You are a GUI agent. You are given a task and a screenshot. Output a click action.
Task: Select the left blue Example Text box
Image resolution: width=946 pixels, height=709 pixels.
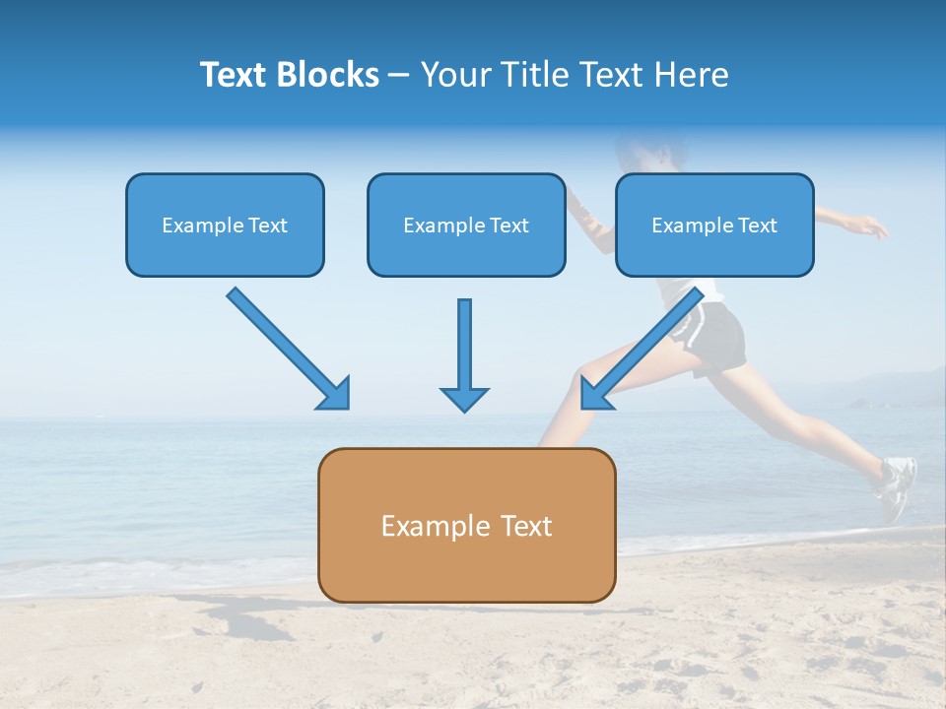(x=225, y=225)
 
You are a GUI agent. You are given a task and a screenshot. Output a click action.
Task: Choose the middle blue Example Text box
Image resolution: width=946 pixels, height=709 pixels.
(x=466, y=225)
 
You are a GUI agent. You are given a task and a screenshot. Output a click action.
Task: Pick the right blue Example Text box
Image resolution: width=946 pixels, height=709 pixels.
(x=714, y=225)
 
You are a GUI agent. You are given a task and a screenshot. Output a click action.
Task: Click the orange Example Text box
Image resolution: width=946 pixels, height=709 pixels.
(x=466, y=525)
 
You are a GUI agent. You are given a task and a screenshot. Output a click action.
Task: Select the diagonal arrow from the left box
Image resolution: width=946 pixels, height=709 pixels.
(x=286, y=347)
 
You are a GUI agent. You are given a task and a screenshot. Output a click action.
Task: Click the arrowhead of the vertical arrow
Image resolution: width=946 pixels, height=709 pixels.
(x=464, y=398)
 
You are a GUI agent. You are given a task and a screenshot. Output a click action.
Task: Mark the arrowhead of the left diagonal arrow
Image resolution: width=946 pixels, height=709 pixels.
(x=335, y=393)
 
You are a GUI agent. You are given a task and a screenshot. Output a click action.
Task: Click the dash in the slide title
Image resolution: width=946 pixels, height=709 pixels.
(x=399, y=75)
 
